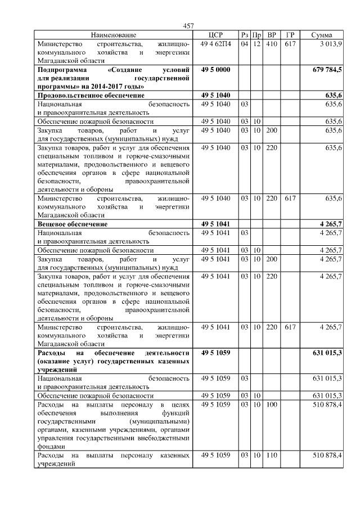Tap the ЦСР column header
[215, 35]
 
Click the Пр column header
[256, 35]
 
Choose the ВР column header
[272, 35]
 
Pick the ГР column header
[290, 35]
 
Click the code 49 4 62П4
[215, 43]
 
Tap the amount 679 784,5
[327, 69]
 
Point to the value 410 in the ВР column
[272, 43]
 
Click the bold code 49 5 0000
[215, 69]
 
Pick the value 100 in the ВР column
[272, 404]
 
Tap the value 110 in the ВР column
[272, 454]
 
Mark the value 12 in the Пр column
[256, 43]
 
